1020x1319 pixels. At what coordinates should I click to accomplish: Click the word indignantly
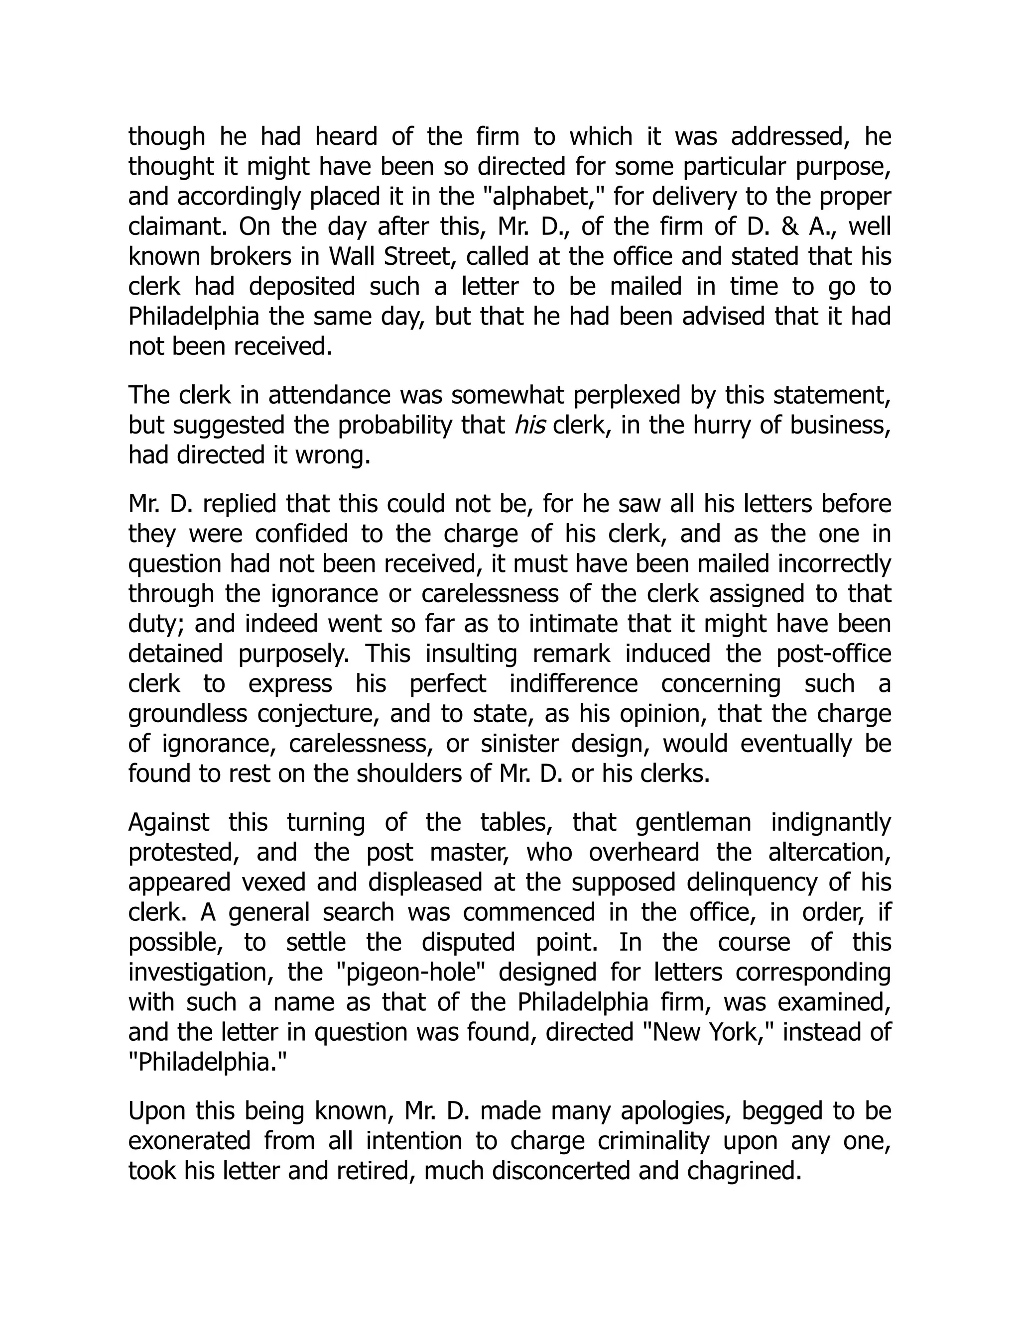831,823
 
